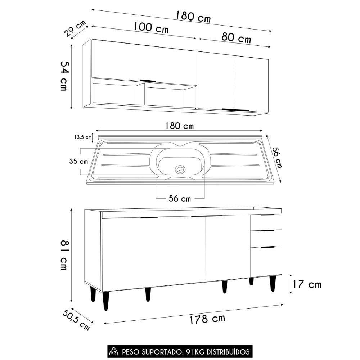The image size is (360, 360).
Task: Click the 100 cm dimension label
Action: point(151,27)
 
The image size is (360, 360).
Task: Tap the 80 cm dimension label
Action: point(236,37)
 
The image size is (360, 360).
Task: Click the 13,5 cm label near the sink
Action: point(82,137)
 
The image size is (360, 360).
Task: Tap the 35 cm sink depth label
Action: point(78,161)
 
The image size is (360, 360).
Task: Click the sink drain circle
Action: point(180,169)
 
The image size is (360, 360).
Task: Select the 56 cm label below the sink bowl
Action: point(180,199)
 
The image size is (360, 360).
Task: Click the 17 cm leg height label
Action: point(307,284)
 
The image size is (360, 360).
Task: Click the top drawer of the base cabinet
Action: point(266,222)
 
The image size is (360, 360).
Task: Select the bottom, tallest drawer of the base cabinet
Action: point(266,261)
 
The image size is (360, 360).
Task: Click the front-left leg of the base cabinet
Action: point(105,300)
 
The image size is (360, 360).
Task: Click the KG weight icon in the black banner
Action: point(115,351)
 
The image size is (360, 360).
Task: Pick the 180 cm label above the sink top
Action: point(179,126)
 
